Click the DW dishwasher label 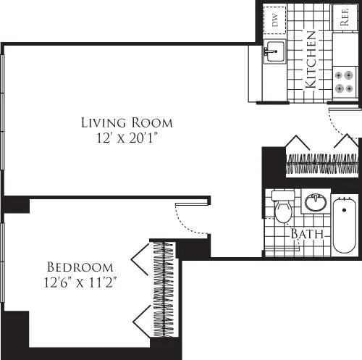coord(275,20)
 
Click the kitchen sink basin coord(273,51)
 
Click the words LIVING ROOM coord(127,122)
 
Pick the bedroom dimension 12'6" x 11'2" coord(80,282)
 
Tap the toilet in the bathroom coord(283,208)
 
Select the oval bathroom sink coord(314,202)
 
